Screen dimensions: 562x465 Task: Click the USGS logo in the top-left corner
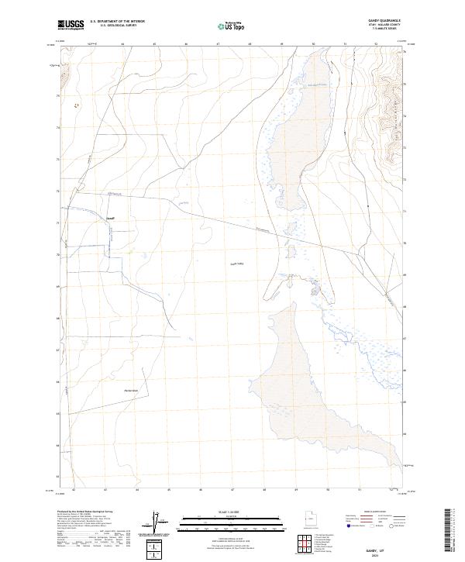[x=71, y=26]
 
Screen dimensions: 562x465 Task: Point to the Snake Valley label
[x=236, y=264]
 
